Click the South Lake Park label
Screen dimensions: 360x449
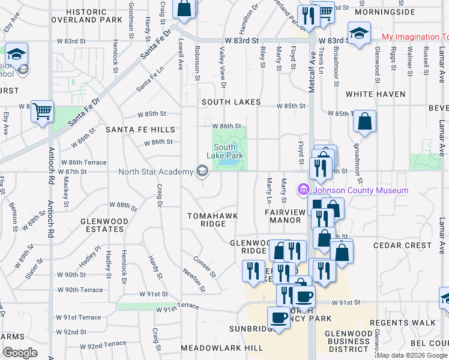point(224,151)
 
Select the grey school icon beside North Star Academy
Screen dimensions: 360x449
point(202,172)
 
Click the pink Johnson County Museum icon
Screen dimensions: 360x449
point(304,190)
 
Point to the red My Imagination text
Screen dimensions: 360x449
point(415,37)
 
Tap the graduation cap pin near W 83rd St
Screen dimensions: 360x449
point(359,33)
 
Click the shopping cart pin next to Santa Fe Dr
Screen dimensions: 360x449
point(42,111)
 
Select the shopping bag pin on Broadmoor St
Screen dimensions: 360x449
point(364,122)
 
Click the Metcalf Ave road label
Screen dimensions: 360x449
point(312,72)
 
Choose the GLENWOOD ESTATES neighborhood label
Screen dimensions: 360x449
point(104,225)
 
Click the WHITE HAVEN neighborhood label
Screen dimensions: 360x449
point(375,94)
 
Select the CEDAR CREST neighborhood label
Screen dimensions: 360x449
point(402,245)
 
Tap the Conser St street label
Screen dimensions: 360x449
point(205,267)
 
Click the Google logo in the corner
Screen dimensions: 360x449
point(19,353)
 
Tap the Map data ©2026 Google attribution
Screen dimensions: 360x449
point(411,355)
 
